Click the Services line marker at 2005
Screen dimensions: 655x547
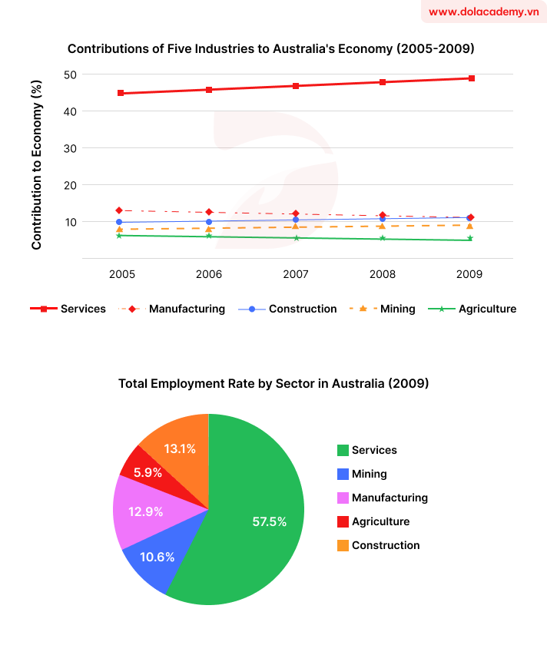(120, 94)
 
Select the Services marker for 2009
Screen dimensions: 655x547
(471, 78)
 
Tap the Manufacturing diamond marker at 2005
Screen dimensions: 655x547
(119, 210)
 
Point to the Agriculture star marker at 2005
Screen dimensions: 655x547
(119, 235)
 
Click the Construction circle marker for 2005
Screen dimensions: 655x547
(119, 222)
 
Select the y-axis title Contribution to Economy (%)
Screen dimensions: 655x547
(36, 165)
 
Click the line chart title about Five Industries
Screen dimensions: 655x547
(271, 48)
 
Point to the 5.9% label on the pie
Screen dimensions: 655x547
(148, 473)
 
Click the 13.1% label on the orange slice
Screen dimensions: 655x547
(179, 448)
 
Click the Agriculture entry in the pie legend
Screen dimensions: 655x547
(380, 521)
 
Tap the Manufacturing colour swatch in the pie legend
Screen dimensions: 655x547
(343, 498)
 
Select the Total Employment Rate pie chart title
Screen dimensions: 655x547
(273, 383)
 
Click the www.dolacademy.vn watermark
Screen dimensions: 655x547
(482, 12)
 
